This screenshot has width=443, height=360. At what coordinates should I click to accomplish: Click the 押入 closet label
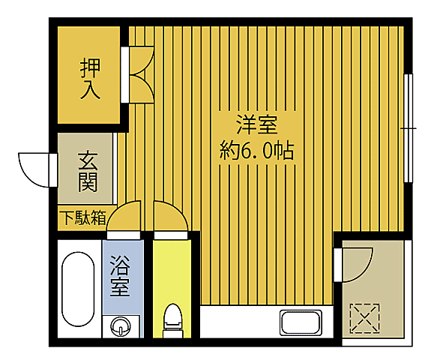click(90, 79)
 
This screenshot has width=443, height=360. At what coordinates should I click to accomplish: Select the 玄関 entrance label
click(88, 172)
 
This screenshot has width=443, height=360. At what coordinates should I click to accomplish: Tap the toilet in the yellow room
click(172, 318)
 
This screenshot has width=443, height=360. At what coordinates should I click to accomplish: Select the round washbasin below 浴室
click(121, 325)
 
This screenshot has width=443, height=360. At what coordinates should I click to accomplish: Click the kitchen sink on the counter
click(301, 323)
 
